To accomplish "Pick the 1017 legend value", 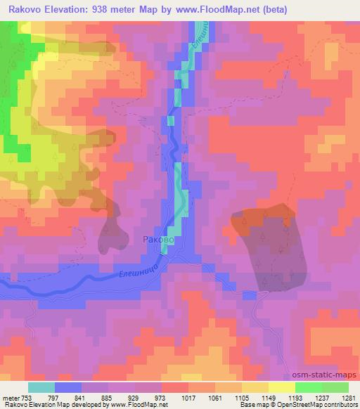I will click(x=188, y=397).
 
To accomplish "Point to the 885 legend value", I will click(x=108, y=397).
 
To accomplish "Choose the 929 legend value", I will click(x=135, y=397).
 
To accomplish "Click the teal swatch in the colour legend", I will click(x=41, y=387).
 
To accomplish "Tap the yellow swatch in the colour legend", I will click(x=282, y=387).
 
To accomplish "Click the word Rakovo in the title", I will click(x=27, y=8).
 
